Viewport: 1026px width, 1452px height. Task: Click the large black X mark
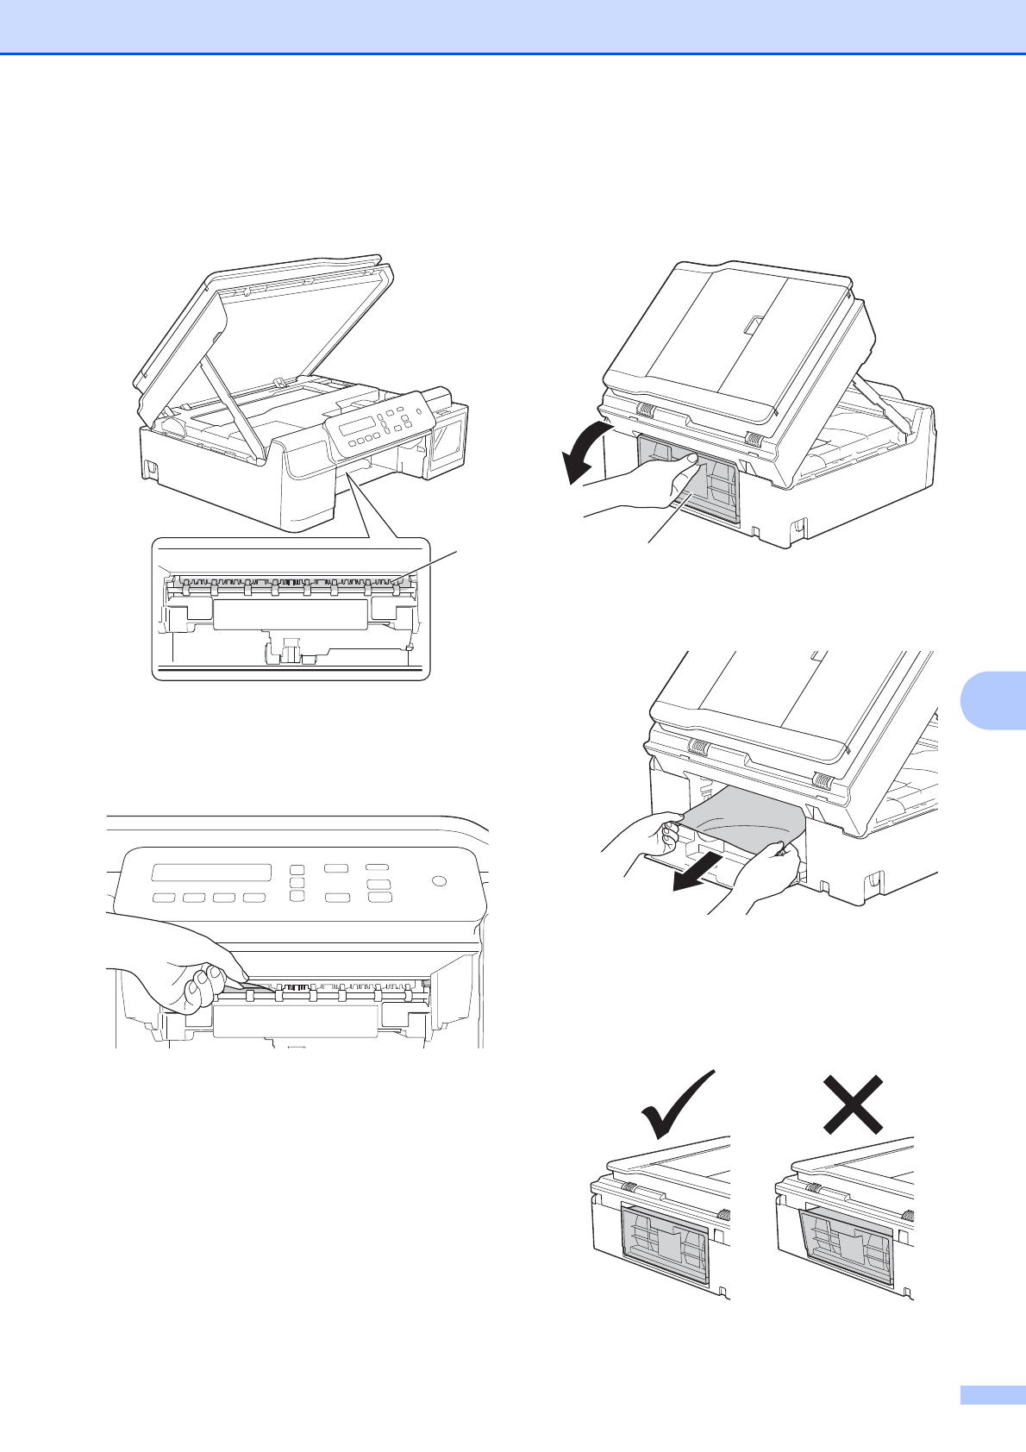pyautogui.click(x=853, y=1104)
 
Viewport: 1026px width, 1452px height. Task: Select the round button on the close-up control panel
pyautogui.click(x=439, y=881)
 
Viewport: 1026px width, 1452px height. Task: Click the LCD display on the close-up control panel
pyautogui.click(x=211, y=873)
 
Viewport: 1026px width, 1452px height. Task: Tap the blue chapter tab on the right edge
pyautogui.click(x=992, y=698)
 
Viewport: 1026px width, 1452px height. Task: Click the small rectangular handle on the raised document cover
pyautogui.click(x=751, y=326)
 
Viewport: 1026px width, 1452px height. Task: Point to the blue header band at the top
pyautogui.click(x=513, y=27)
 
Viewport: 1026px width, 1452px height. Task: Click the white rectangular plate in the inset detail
pyautogui.click(x=290, y=616)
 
